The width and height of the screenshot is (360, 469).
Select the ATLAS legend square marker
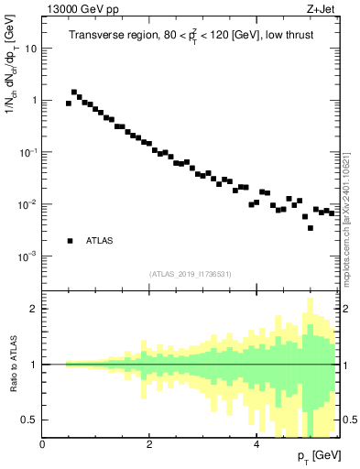click(70, 241)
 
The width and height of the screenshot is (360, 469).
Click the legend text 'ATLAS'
click(100, 241)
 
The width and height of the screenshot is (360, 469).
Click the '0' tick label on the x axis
click(43, 444)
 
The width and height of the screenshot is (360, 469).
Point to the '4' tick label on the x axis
click(256, 444)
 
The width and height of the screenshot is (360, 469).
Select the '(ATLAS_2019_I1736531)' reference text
click(191, 274)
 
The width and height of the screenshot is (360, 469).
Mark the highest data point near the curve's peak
click(74, 93)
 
